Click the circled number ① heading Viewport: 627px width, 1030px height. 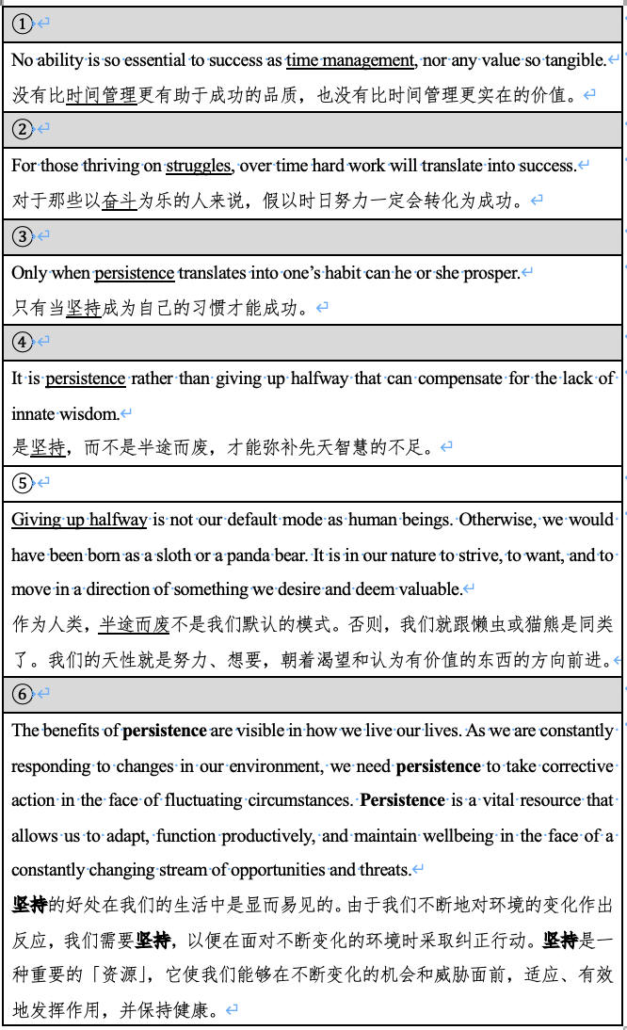click(22, 23)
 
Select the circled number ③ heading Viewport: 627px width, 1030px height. click(22, 235)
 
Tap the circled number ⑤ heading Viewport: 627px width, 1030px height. click(22, 483)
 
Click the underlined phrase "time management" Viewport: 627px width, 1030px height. click(350, 60)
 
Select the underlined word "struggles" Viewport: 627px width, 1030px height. click(200, 166)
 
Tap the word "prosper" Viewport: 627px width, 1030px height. click(490, 273)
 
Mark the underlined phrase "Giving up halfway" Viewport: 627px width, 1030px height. click(79, 520)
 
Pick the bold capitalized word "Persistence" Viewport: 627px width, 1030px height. click(402, 800)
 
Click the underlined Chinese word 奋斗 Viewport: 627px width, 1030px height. click(119, 201)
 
